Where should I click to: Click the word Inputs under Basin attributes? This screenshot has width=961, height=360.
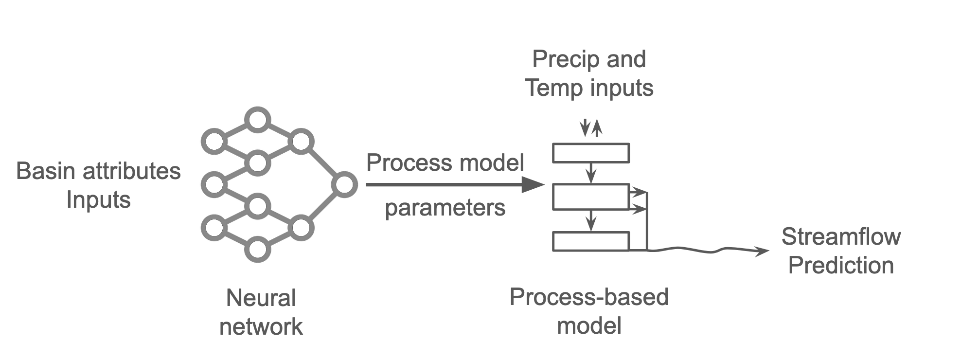pyautogui.click(x=99, y=200)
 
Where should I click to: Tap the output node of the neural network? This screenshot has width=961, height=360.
pyautogui.click(x=344, y=185)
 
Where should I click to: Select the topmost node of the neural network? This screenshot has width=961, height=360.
pyautogui.click(x=257, y=120)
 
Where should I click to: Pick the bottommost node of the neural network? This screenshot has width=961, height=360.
pyautogui.click(x=257, y=250)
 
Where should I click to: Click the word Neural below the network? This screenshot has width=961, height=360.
pyautogui.click(x=261, y=298)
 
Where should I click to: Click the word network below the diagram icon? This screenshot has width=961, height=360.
pyautogui.click(x=261, y=326)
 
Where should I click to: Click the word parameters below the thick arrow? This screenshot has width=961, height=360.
pyautogui.click(x=445, y=208)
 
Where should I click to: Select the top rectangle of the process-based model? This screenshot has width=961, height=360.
pyautogui.click(x=591, y=153)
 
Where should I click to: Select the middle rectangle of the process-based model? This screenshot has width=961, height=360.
pyautogui.click(x=591, y=197)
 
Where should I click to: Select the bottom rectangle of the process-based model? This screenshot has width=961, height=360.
pyautogui.click(x=591, y=241)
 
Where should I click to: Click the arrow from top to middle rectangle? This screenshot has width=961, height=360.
pyautogui.click(x=591, y=173)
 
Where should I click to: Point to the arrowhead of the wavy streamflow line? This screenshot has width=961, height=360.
pyautogui.click(x=764, y=252)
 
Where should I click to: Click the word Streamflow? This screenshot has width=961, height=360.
pyautogui.click(x=841, y=237)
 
